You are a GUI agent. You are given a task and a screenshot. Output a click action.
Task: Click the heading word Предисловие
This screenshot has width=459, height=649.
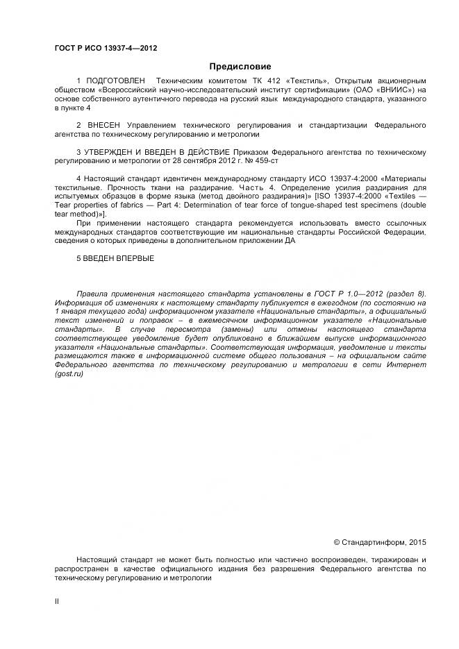240,67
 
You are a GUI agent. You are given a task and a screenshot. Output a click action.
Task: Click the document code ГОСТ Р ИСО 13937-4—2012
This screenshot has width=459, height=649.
106,48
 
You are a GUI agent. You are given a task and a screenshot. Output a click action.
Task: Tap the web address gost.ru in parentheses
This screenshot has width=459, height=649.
69,374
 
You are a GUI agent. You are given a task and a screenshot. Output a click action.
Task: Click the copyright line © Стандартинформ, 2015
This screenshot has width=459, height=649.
380,542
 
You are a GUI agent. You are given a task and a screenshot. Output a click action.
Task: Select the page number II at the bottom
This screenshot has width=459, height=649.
57,602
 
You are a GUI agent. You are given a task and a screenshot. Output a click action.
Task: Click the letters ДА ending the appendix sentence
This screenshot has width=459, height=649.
290,241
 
